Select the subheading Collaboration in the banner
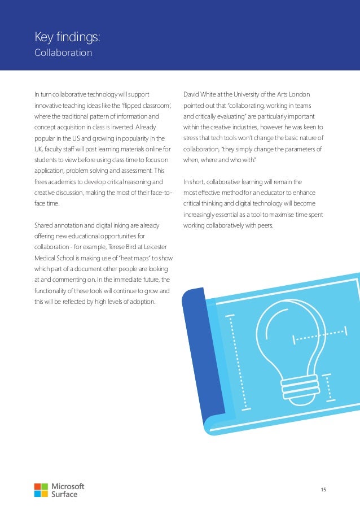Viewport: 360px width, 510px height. (x=63, y=53)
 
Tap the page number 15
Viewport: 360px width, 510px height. (x=323, y=489)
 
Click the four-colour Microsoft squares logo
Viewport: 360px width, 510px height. (x=41, y=490)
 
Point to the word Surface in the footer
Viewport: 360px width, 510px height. (x=64, y=494)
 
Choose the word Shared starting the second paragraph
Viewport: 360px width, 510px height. (x=45, y=226)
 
